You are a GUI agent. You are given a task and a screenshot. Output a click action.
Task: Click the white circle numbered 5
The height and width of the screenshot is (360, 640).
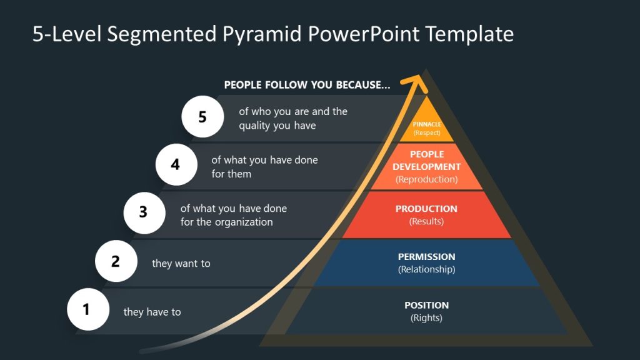202,117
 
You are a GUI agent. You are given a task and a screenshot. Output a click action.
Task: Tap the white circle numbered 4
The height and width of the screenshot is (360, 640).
176,165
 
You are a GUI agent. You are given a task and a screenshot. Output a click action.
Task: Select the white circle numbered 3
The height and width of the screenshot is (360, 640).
144,212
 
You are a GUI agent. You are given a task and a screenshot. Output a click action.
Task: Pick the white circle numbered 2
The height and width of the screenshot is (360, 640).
116,261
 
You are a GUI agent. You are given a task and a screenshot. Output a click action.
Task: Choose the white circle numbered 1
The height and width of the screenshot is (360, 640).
87,309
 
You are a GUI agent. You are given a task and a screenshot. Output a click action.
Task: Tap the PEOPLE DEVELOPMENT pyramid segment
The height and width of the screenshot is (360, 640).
427,167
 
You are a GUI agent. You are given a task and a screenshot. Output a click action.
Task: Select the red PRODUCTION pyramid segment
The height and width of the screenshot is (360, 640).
426,214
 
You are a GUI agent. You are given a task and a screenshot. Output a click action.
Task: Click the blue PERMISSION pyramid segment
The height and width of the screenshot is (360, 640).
426,263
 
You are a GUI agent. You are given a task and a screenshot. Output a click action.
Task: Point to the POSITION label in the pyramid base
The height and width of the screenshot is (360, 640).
426,305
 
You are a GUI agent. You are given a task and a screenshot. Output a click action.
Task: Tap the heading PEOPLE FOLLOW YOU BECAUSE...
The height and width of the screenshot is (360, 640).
307,85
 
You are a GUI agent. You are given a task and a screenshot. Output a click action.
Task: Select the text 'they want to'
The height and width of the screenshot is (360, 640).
181,264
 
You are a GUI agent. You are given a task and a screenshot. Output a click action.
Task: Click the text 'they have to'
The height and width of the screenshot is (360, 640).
152,312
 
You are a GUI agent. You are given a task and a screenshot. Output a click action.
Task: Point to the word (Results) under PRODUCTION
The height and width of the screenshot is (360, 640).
426,222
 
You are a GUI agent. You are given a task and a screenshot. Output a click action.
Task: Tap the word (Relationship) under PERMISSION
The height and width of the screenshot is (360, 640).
426,270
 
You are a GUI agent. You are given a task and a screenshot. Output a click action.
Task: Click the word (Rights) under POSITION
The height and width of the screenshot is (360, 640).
426,318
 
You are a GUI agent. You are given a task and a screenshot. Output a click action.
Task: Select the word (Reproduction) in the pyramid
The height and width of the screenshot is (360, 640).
426,179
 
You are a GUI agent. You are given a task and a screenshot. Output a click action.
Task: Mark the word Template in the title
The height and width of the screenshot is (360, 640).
469,34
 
